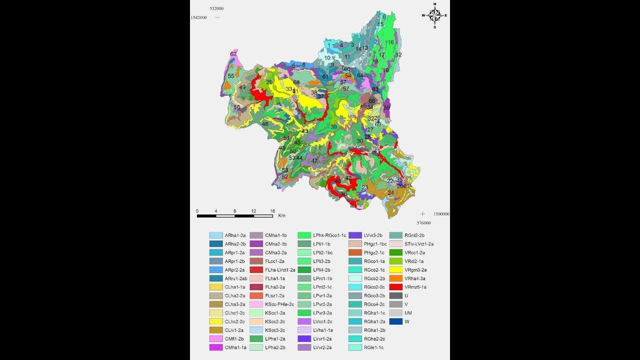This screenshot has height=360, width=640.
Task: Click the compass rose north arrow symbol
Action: point(434,15)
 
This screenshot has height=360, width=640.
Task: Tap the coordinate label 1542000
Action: point(198,17)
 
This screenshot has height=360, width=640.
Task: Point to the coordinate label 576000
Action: point(423,223)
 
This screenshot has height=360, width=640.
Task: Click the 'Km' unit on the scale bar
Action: point(281,216)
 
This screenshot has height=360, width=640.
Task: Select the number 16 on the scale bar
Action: point(272,210)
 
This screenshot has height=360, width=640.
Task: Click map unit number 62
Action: point(233,54)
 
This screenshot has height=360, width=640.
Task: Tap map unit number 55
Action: point(231,76)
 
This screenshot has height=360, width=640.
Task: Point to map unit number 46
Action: point(265,124)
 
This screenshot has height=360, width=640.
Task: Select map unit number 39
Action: point(333,127)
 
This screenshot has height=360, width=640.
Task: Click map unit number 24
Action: point(390,192)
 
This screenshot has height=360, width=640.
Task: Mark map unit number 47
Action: point(314,161)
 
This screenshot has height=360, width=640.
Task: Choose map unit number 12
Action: point(398,54)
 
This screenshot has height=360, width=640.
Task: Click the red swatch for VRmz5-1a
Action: point(396,287)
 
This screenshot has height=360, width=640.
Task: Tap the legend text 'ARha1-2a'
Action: point(235,235)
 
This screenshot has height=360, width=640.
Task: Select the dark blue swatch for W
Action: point(396,321)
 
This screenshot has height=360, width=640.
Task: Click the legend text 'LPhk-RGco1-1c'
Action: point(329,235)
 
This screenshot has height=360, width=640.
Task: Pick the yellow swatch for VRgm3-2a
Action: point(396,269)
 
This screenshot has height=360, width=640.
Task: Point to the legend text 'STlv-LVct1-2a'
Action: point(419,244)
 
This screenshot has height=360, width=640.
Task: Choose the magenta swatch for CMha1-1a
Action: point(215,347)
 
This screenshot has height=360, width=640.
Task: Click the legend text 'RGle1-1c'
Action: point(374,347)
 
